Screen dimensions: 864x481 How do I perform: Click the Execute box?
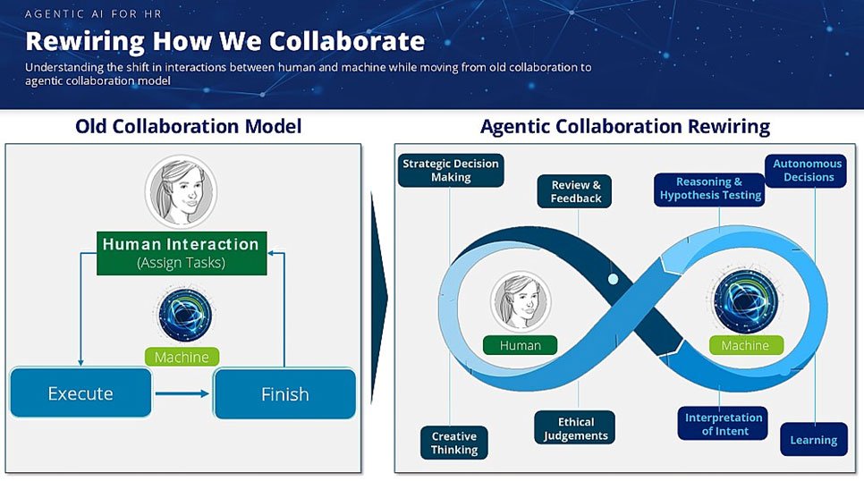[x=80, y=392]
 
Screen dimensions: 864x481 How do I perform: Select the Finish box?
[x=285, y=394]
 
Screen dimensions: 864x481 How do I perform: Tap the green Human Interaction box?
[x=182, y=253]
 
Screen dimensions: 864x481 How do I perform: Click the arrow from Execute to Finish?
[x=182, y=393]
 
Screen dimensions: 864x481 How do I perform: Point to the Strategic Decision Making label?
[x=451, y=170]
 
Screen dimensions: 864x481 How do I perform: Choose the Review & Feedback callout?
[x=575, y=191]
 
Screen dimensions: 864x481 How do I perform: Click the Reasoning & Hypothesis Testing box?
[x=710, y=189]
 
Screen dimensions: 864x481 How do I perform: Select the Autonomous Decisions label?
[x=806, y=170]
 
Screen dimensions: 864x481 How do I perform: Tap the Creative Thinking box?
[x=454, y=443]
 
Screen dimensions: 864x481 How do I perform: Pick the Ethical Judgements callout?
[x=575, y=427]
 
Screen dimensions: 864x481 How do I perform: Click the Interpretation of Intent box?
[x=723, y=424]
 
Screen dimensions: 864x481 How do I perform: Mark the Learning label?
[x=814, y=440]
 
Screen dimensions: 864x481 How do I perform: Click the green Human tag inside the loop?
[x=521, y=345]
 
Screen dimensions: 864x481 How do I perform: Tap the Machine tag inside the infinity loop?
[x=746, y=345]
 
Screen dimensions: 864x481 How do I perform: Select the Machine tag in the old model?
[x=182, y=357]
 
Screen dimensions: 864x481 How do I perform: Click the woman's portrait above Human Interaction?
[x=182, y=191]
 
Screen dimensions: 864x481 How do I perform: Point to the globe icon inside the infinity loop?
[x=746, y=300]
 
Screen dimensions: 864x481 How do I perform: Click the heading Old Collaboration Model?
[x=189, y=126]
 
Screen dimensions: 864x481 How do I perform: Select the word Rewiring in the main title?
[x=85, y=42]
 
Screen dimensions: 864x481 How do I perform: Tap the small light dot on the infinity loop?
[x=614, y=279]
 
